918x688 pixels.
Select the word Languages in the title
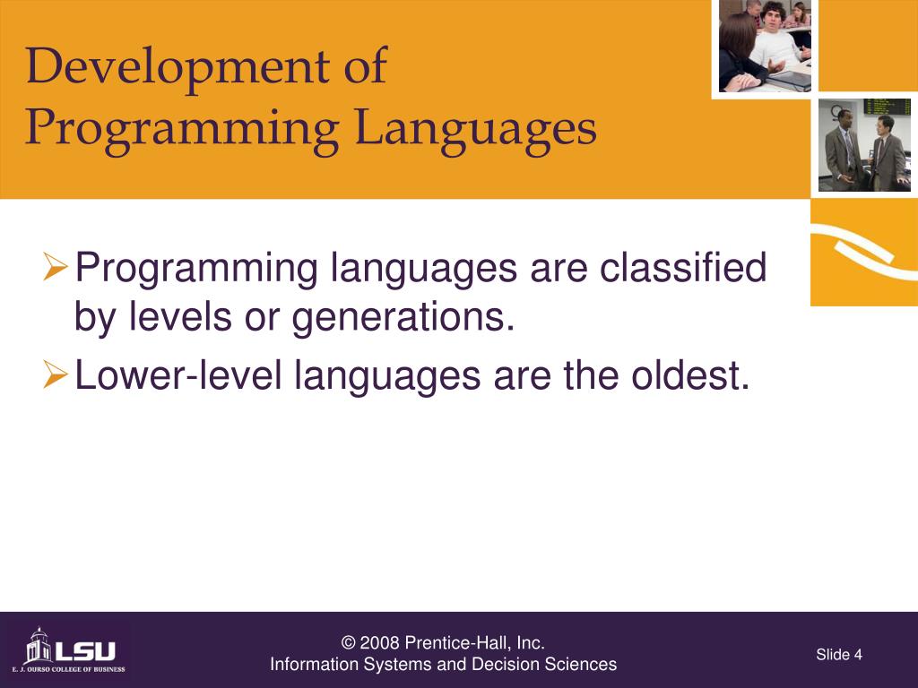tap(475, 130)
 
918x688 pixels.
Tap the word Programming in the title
tap(182, 131)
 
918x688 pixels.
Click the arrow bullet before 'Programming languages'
tap(56, 266)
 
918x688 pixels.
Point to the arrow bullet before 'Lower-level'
tap(56, 374)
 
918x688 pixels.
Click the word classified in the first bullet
tap(682, 267)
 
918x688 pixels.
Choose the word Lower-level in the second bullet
tap(178, 374)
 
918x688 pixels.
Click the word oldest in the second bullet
tap(689, 374)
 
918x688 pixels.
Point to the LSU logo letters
tap(85, 651)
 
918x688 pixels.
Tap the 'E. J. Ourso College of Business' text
tap(68, 669)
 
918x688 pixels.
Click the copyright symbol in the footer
tap(348, 643)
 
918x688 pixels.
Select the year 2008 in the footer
tap(379, 643)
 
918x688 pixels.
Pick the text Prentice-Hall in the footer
tap(458, 643)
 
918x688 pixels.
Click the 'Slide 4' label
tap(839, 654)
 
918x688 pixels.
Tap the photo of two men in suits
tap(864, 144)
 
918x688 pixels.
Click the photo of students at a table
tap(765, 46)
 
